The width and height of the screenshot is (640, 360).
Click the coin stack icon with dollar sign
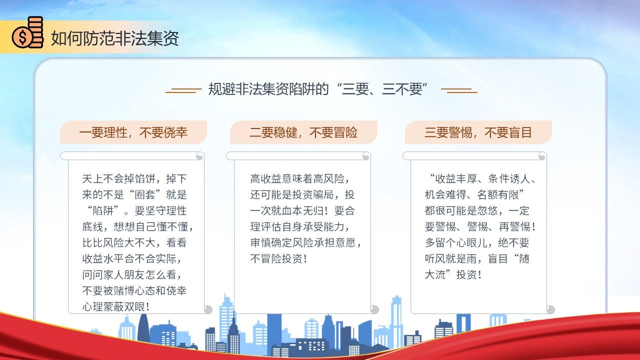[27, 32]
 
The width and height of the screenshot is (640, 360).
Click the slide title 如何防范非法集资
[115, 38]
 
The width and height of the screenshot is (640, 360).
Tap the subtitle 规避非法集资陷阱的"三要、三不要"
[318, 89]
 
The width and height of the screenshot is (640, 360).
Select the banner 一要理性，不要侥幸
[133, 132]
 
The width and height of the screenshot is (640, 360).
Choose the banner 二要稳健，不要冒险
[303, 132]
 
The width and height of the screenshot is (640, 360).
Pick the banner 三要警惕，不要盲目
[478, 132]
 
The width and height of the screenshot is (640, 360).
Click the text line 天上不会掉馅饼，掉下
[134, 179]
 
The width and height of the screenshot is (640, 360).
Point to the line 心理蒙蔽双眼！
[116, 307]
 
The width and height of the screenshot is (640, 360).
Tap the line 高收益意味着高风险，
[300, 179]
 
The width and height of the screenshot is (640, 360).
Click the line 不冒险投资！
[279, 259]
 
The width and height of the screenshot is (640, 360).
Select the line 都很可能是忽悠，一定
[477, 211]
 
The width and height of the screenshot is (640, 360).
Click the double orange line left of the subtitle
[183, 90]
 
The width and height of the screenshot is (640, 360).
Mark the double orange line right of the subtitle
[459, 90]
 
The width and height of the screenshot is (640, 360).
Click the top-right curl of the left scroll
[199, 156]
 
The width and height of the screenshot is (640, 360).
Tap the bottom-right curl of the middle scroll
[374, 309]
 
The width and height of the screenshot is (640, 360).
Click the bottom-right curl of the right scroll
[550, 309]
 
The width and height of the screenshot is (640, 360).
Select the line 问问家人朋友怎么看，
[132, 275]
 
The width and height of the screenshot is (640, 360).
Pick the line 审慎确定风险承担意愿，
[306, 243]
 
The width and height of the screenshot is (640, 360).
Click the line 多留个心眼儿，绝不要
[477, 243]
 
